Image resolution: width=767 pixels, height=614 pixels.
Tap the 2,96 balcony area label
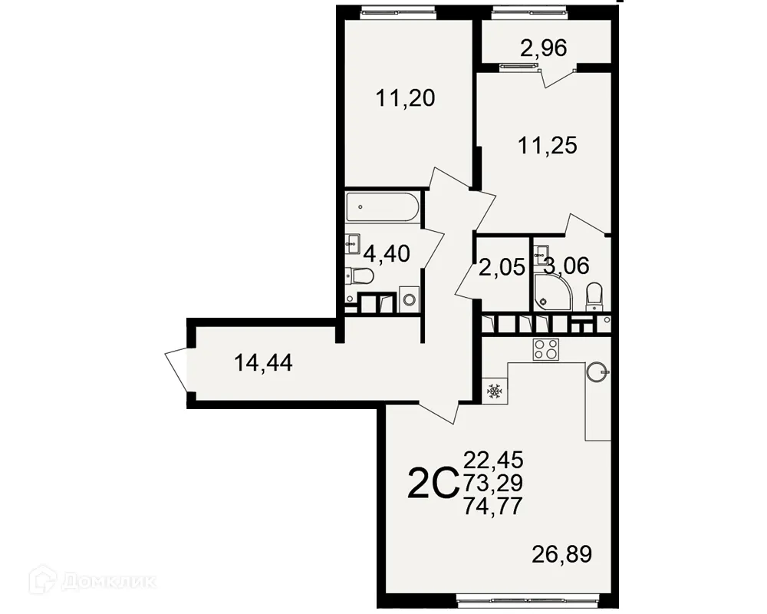pyautogui.click(x=543, y=49)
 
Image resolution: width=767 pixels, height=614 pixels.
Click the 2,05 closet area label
pyautogui.click(x=501, y=268)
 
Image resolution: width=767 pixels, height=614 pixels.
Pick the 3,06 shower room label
pyautogui.click(x=567, y=266)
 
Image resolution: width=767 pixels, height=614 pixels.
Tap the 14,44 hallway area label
pyautogui.click(x=264, y=363)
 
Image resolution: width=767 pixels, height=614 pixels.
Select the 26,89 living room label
pyautogui.click(x=561, y=554)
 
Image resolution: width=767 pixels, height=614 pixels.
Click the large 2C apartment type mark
pyautogui.click(x=432, y=484)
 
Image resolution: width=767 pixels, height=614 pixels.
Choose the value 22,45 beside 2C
pyautogui.click(x=493, y=460)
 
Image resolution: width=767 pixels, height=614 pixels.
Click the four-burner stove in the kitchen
pyautogui.click(x=545, y=349)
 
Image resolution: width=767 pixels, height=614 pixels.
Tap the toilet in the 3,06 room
pyautogui.click(x=594, y=295)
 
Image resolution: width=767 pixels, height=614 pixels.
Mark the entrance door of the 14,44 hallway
pyautogui.click(x=177, y=367)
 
